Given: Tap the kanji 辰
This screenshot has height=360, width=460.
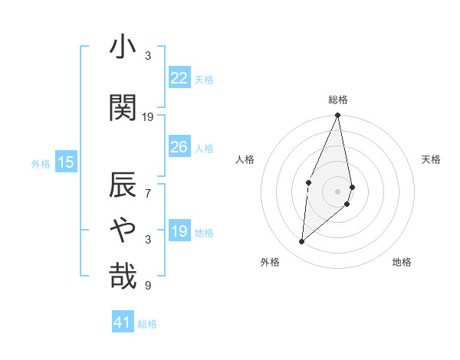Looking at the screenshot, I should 123,185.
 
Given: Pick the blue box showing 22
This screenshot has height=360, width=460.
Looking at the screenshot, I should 179,78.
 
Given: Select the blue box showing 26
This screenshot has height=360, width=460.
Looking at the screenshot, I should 179,147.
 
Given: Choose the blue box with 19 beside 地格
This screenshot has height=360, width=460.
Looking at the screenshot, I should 179,231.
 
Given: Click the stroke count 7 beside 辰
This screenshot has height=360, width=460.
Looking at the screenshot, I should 149,194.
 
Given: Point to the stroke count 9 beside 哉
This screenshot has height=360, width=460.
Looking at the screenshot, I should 149,286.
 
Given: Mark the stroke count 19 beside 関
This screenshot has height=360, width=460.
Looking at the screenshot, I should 148,117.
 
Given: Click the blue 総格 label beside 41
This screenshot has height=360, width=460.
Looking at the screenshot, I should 147,324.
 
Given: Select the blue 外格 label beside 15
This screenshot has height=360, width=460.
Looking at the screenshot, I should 41,163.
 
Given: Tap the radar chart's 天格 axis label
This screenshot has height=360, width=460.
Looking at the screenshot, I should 431,159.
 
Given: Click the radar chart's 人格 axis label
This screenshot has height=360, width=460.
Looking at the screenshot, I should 245,159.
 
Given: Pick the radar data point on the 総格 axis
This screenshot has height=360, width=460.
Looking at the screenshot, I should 337,116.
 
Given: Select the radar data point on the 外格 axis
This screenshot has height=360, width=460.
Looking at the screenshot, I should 302,242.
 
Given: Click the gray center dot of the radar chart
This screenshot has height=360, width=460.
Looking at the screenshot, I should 337,191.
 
